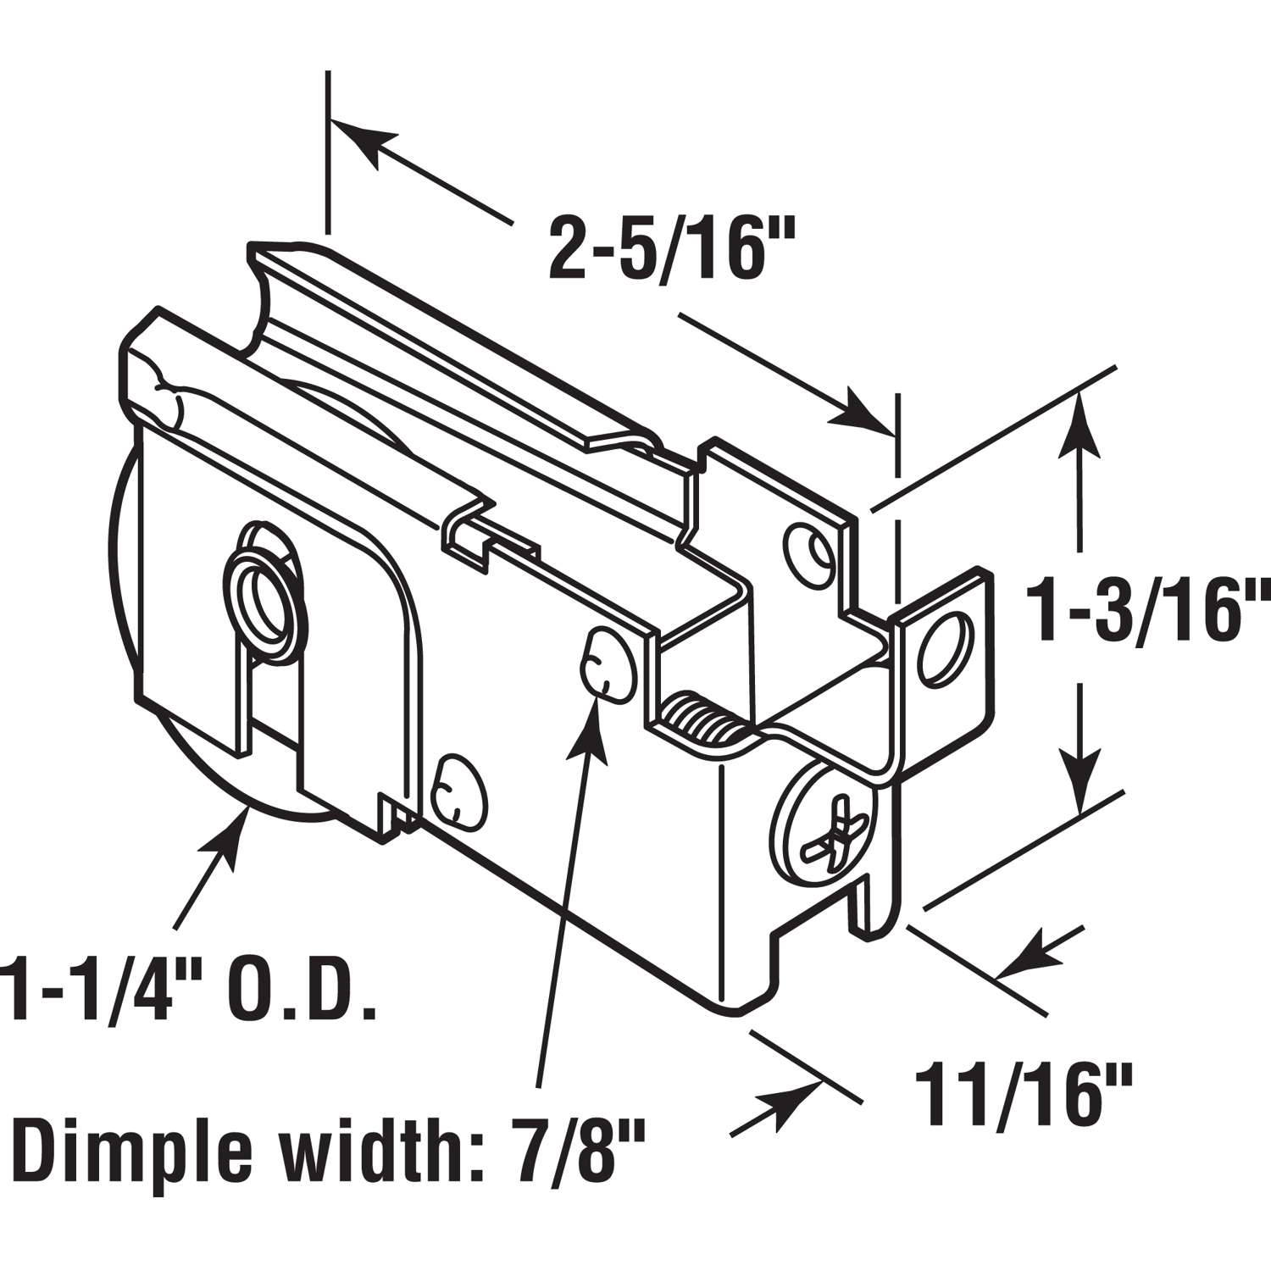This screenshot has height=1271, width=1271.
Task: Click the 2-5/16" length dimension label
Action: [x=663, y=247]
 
